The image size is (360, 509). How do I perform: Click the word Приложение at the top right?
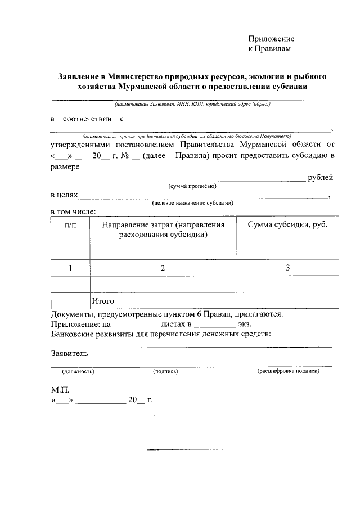coord(272,39)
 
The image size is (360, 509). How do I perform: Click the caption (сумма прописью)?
coord(192,186)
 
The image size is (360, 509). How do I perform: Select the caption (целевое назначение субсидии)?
coord(192,203)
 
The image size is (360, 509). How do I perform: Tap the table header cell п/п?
coord(70,225)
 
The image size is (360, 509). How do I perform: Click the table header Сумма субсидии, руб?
coord(287,225)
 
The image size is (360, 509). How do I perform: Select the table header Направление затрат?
coord(163,229)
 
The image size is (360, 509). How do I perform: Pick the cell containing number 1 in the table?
coord(70,268)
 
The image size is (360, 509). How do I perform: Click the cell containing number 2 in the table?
coord(163,268)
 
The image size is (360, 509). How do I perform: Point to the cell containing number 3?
coord(287,268)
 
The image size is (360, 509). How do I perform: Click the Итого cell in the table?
coord(103,301)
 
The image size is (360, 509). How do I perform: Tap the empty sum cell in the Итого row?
coord(287,301)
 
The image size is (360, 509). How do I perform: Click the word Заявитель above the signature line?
coord(69,354)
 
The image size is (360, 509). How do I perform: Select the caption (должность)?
coord(78,372)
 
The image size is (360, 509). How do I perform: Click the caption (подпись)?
coord(165,372)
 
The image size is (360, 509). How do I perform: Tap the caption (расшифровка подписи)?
coord(288,372)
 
